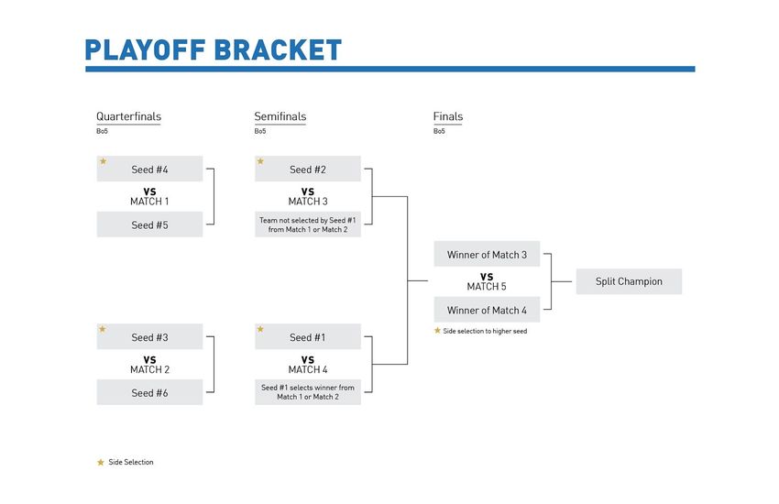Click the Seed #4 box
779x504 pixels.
tap(149, 169)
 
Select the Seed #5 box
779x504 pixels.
tap(149, 225)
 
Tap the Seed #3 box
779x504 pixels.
tap(149, 336)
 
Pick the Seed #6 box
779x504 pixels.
tap(149, 392)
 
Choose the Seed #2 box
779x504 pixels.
tap(308, 169)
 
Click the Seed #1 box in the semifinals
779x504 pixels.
tap(308, 336)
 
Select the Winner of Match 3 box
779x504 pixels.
tap(487, 254)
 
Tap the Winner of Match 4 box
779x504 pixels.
tap(487, 310)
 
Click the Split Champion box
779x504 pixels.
tap(629, 281)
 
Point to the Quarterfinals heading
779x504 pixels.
tap(128, 116)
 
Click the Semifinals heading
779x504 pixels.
tap(280, 116)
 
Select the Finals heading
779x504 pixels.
tap(448, 116)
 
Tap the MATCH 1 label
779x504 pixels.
tap(149, 202)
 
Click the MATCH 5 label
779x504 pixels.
tap(487, 287)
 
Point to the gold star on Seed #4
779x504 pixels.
tap(104, 161)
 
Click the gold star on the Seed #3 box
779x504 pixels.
tap(103, 329)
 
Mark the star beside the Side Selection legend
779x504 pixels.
tap(101, 462)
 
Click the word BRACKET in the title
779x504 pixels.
tap(278, 49)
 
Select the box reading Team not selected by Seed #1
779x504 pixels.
tap(308, 225)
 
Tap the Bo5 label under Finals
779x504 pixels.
tap(439, 131)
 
